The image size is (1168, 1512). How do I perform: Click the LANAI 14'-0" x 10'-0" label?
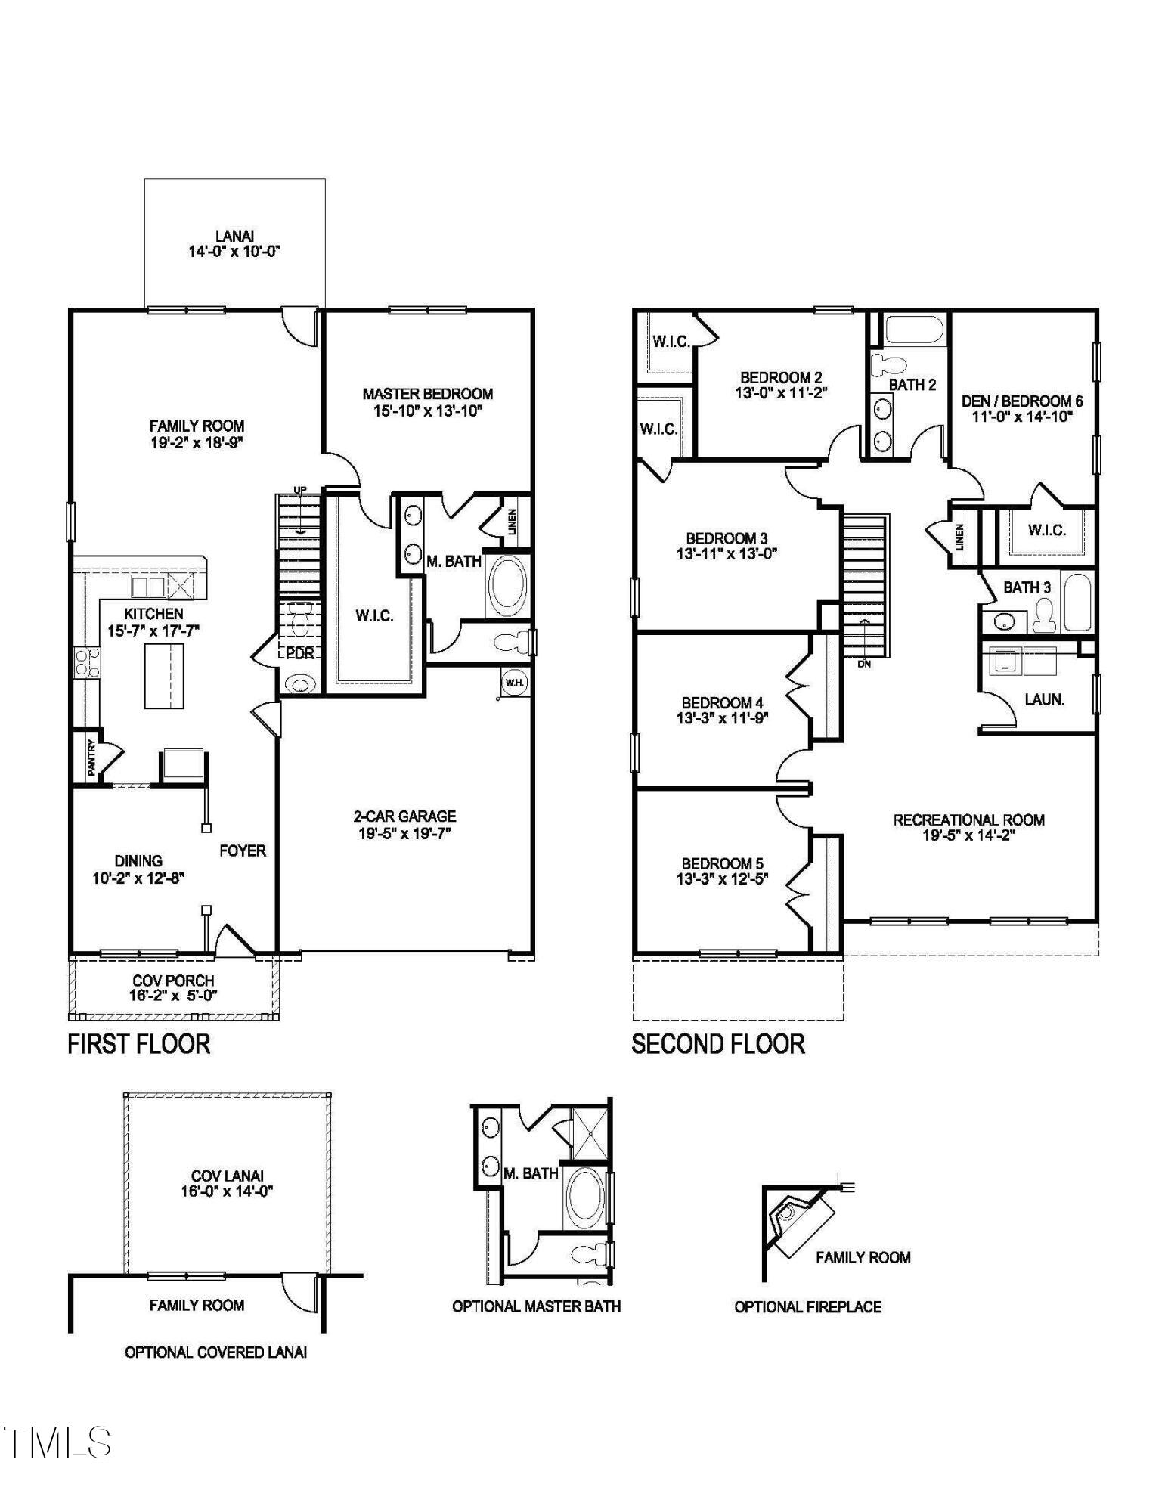click(234, 244)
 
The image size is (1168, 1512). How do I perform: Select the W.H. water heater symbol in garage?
click(514, 683)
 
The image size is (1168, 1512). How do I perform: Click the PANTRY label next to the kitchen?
click(91, 757)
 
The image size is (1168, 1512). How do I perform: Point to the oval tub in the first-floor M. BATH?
click(507, 586)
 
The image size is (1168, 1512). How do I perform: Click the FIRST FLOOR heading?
click(138, 1044)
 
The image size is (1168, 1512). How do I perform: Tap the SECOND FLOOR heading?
click(717, 1044)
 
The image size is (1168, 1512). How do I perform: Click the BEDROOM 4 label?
click(722, 702)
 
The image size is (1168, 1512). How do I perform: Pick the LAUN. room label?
click(1044, 700)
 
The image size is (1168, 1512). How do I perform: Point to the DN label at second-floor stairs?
click(864, 664)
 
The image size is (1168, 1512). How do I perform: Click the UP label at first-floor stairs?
click(300, 490)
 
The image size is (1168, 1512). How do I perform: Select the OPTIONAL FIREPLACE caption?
click(807, 1307)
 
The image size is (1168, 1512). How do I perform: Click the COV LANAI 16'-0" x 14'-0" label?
click(227, 1184)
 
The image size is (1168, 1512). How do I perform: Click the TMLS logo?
click(57, 1442)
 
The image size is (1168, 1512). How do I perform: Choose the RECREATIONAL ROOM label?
click(968, 820)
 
